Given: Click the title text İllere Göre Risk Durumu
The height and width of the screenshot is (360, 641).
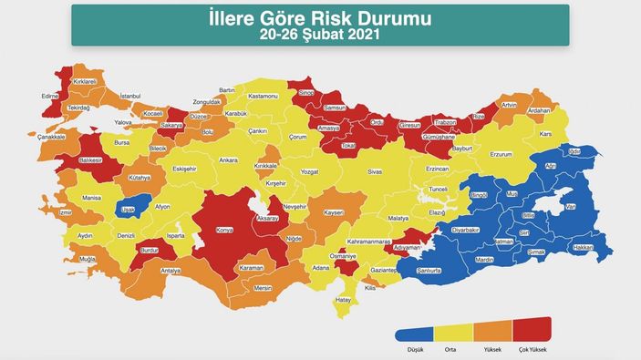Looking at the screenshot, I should [320, 19].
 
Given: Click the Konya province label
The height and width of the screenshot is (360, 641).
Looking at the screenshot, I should [224, 231].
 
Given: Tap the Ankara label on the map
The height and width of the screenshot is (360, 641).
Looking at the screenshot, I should [228, 160].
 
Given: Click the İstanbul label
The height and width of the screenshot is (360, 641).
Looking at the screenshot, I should [130, 96].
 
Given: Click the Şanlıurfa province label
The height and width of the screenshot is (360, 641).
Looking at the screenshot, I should [429, 271].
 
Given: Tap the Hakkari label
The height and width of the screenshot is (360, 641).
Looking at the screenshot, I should [583, 247].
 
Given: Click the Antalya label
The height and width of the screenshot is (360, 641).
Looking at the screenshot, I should [171, 271].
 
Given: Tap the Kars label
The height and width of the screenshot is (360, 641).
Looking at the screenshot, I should [547, 135].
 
